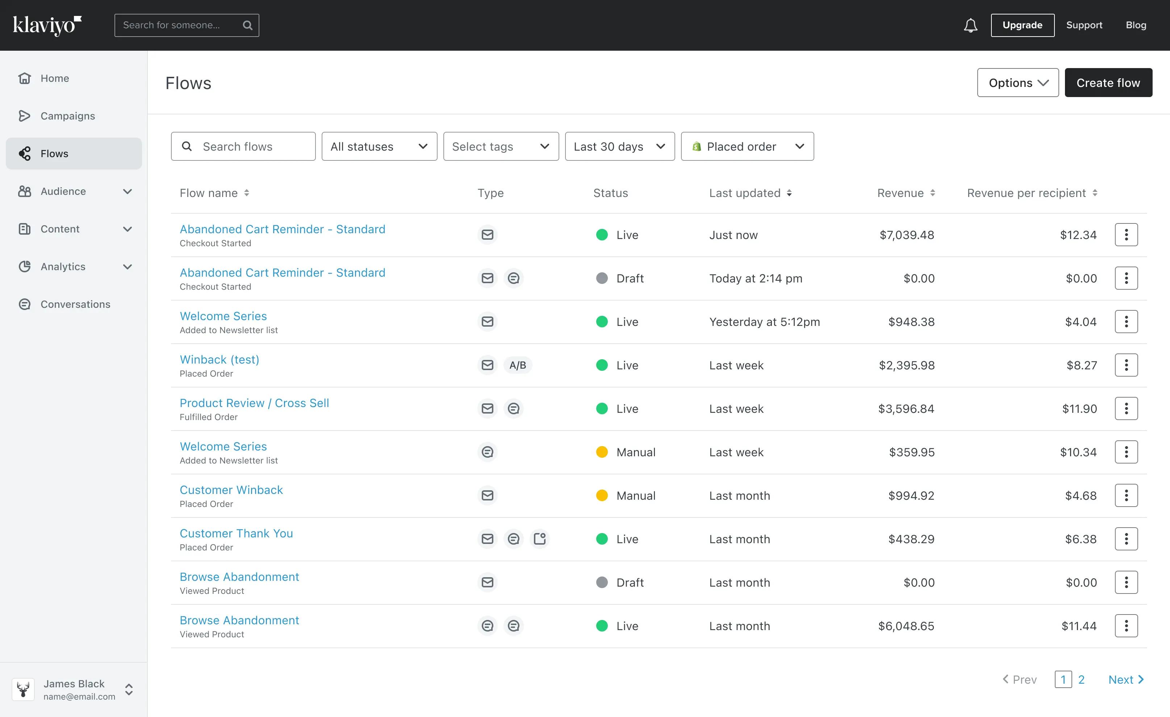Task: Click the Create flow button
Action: tap(1108, 83)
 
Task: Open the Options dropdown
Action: tap(1018, 83)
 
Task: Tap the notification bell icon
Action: tap(970, 25)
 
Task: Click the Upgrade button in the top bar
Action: tap(1022, 25)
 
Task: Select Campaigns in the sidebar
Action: tap(67, 116)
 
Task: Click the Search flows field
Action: tap(243, 146)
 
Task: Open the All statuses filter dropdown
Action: tap(379, 146)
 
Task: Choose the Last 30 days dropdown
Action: tap(619, 146)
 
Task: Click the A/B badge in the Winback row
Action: tap(518, 365)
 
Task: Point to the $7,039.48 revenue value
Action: tap(906, 235)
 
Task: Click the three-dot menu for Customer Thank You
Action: tap(1126, 539)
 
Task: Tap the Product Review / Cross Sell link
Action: tap(254, 403)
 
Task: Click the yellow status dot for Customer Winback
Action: tap(602, 495)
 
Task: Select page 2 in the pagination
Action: tap(1081, 679)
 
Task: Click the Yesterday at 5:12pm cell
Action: tap(764, 322)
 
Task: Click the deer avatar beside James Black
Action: tap(23, 689)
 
